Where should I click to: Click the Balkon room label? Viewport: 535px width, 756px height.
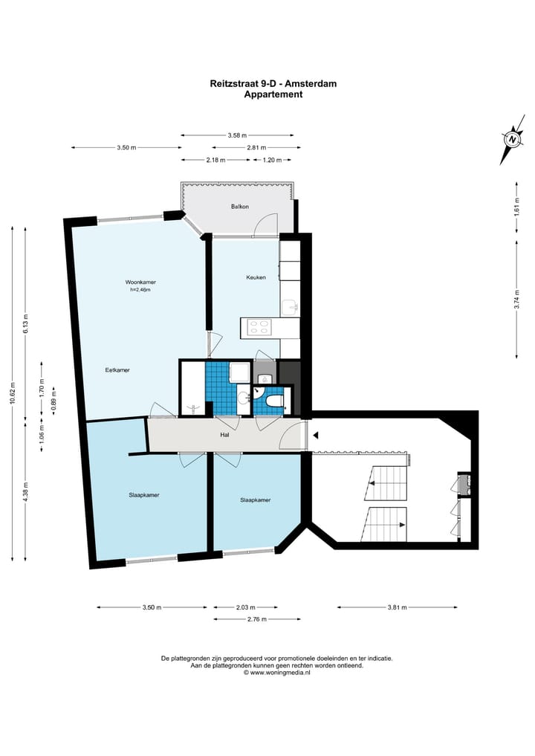coord(239,207)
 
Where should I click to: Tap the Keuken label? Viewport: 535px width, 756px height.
coord(256,277)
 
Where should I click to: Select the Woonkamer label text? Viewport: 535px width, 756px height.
coord(140,282)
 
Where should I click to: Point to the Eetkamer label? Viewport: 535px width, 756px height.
coord(117,370)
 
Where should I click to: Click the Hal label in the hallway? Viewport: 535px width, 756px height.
coord(224,434)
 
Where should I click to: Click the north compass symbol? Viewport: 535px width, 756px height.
coord(513,139)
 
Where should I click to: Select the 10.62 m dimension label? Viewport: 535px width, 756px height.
coord(13,394)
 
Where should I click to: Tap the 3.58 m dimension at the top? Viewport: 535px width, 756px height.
coord(237,135)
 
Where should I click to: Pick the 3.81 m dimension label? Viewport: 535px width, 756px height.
coord(397,607)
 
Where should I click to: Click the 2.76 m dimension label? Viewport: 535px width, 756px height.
coord(257,619)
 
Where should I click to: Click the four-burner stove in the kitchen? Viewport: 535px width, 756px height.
coord(259,327)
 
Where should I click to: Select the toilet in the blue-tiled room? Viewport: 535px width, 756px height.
coord(273,401)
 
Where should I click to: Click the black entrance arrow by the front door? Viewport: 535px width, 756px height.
coord(316,436)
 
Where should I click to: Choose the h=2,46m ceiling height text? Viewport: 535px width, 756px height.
coord(140,290)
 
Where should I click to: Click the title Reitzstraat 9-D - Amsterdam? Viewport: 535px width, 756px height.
coord(273,83)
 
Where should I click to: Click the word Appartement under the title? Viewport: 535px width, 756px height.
coord(273,94)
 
